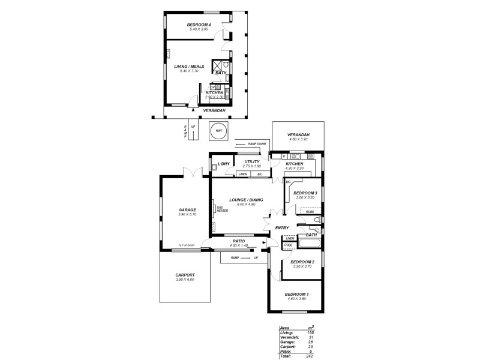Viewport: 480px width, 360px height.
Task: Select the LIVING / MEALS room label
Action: [x=189, y=67]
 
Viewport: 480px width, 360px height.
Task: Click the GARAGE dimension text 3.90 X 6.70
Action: [x=187, y=214]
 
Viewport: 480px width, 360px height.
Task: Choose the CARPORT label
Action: [x=185, y=275]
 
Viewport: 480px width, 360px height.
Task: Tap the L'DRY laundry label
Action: [x=223, y=164]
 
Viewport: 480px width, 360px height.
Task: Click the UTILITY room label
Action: [x=251, y=161]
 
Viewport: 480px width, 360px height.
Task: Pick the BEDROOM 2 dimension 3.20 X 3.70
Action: [x=302, y=266]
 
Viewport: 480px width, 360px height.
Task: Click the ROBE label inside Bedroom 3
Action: [x=310, y=212]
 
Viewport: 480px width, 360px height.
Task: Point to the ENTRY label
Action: [x=282, y=228]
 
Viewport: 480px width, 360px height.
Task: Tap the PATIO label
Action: [x=239, y=241]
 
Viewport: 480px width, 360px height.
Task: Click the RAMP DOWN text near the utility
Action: [x=256, y=145]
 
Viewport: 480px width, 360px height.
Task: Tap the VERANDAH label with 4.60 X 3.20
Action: [x=298, y=135]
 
